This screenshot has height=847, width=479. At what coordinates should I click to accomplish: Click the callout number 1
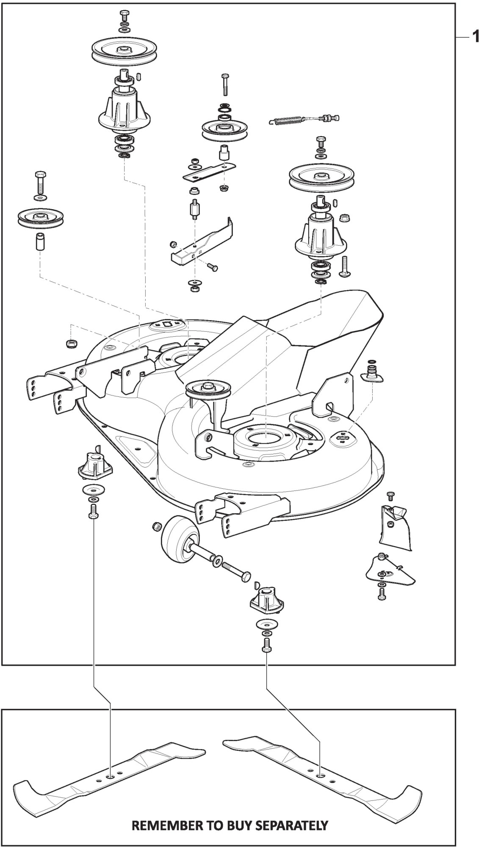475,38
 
